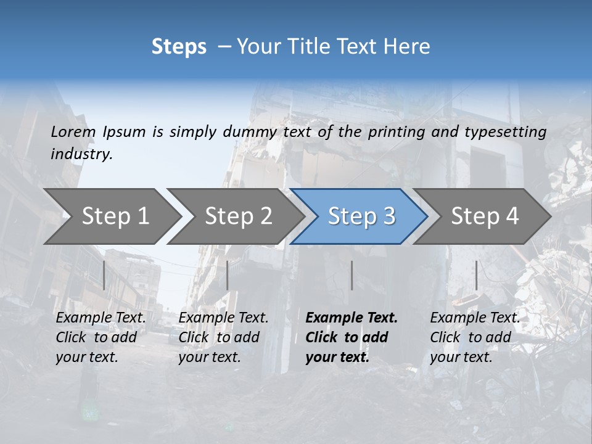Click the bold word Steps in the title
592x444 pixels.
coord(179,47)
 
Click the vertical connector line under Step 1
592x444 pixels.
coord(104,275)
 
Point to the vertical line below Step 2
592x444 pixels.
coord(228,275)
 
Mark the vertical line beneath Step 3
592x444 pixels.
coord(351,275)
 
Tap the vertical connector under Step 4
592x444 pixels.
coord(476,275)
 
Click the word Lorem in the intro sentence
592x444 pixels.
coord(73,132)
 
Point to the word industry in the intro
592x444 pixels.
coord(81,154)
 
